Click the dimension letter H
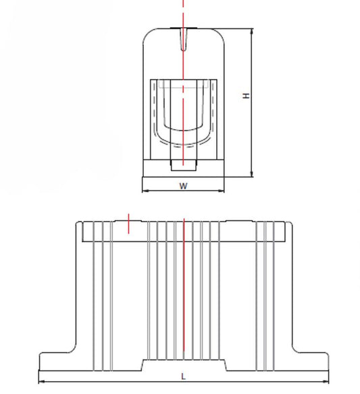point(247,96)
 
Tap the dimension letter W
point(184,187)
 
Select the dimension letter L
point(184,376)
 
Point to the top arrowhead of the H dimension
point(252,31)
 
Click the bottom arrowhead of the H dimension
point(252,174)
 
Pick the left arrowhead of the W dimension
point(145,191)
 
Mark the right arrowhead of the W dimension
point(221,191)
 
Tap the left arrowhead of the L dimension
point(42,381)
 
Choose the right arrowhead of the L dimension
point(326,381)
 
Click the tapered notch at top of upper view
point(184,39)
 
